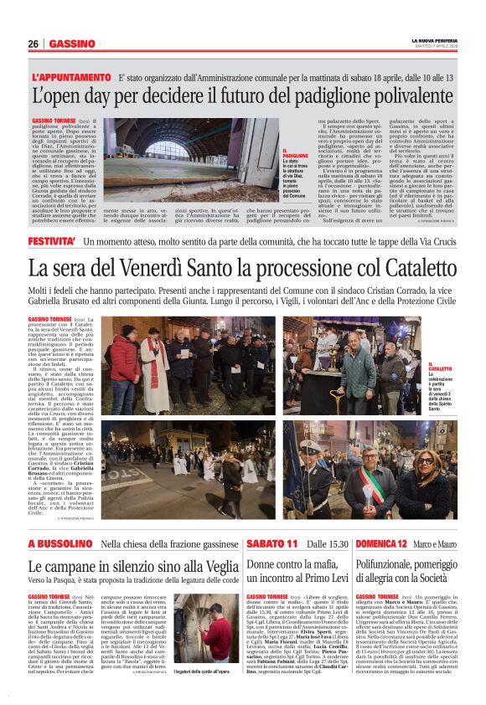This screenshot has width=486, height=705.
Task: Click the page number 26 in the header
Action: [34, 44]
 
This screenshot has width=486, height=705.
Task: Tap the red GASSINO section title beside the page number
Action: [72, 44]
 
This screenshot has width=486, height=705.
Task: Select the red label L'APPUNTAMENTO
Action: [69, 77]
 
